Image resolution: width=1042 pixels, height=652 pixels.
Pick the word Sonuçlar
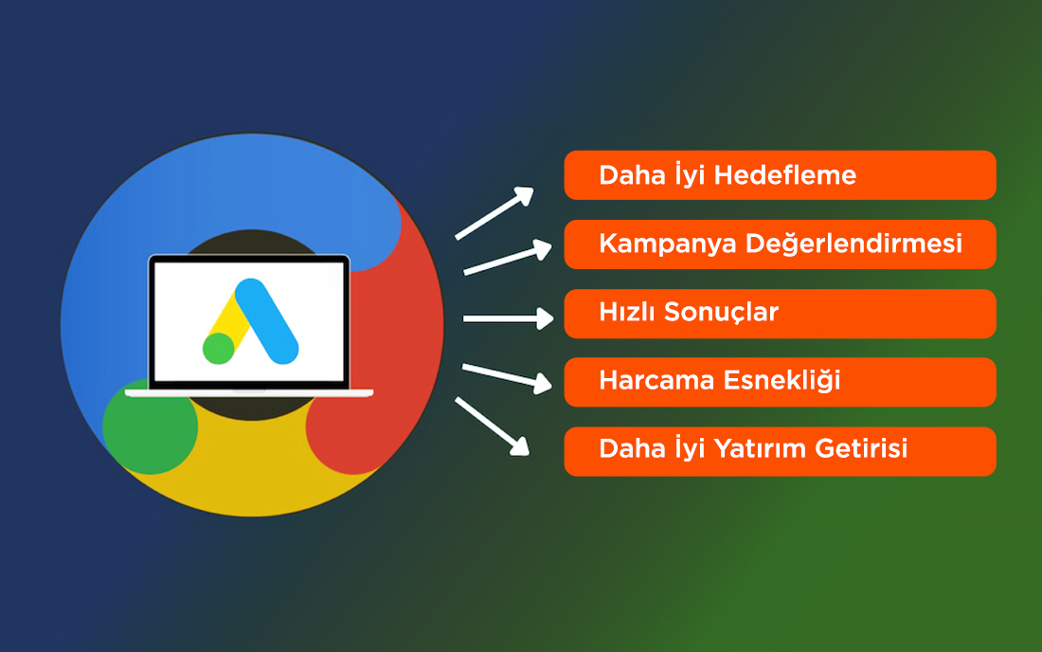[721, 313]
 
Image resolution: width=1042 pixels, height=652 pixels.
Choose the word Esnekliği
[785, 381]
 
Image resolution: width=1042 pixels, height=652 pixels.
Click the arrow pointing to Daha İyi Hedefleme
[494, 212]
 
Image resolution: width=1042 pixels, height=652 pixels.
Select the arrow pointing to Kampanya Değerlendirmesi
[507, 259]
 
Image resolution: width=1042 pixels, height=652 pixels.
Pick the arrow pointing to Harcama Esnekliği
[507, 376]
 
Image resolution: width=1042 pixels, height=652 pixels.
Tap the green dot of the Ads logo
[218, 348]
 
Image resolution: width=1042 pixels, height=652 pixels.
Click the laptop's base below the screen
[249, 392]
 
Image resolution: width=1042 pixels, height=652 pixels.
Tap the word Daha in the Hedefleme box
[628, 176]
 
